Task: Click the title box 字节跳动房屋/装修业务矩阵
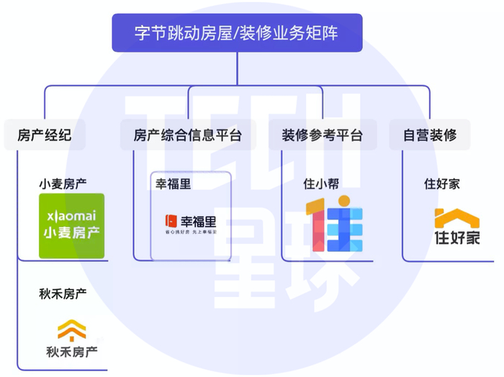[x=237, y=33]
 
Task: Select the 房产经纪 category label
[x=44, y=135]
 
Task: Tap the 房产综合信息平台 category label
[x=187, y=135]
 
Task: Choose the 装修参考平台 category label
[x=322, y=135]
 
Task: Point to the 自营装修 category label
[x=430, y=135]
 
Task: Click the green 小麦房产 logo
[x=71, y=226]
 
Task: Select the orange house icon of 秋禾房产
[x=72, y=330]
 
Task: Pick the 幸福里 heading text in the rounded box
[x=174, y=183]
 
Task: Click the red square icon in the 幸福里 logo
[x=171, y=221]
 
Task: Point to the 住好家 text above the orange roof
[x=441, y=183]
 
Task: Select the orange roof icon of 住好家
[x=456, y=217]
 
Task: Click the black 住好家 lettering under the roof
[x=456, y=237]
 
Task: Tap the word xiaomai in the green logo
[x=71, y=215]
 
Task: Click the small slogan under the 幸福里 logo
[x=191, y=232]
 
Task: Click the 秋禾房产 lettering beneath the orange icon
[x=72, y=353]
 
